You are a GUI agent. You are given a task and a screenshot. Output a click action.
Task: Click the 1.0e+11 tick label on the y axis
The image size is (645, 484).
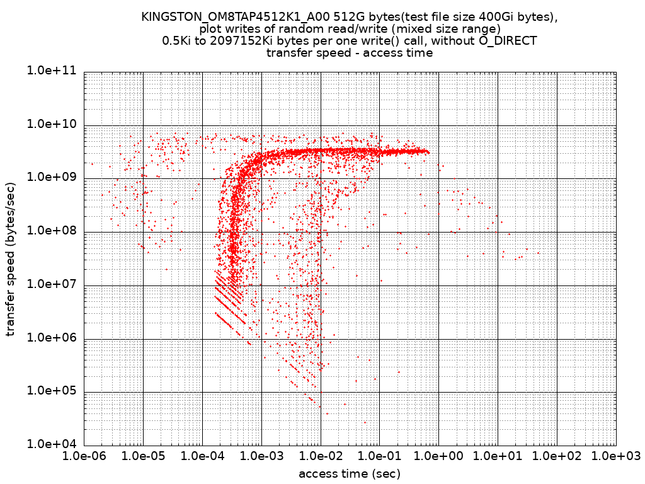[51, 71]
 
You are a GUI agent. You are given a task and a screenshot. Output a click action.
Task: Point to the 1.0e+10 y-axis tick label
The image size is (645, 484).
[51, 125]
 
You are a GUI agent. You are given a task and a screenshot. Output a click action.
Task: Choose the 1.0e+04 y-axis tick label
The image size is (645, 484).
[51, 444]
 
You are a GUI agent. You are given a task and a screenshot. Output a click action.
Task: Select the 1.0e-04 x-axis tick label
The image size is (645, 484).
[202, 456]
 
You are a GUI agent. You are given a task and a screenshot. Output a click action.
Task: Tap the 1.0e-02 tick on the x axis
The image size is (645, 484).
[321, 456]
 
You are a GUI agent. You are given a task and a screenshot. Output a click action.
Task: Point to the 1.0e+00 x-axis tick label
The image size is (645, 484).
[439, 456]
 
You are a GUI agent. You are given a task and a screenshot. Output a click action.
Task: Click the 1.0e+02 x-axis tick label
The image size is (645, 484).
[557, 456]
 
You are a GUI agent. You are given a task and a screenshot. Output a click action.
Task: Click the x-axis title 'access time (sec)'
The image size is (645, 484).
[350, 473]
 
